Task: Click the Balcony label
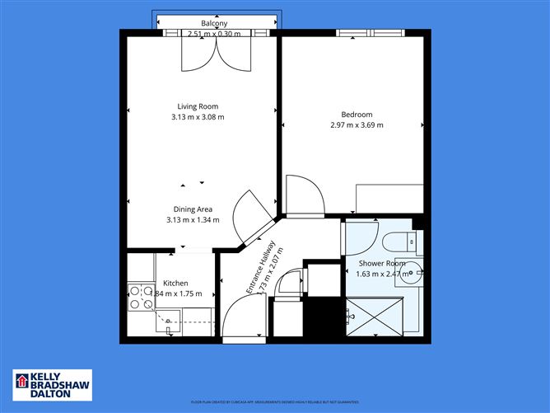click(214, 23)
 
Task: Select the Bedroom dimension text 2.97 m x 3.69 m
click(357, 125)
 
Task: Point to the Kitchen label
click(175, 283)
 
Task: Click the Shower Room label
click(380, 264)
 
